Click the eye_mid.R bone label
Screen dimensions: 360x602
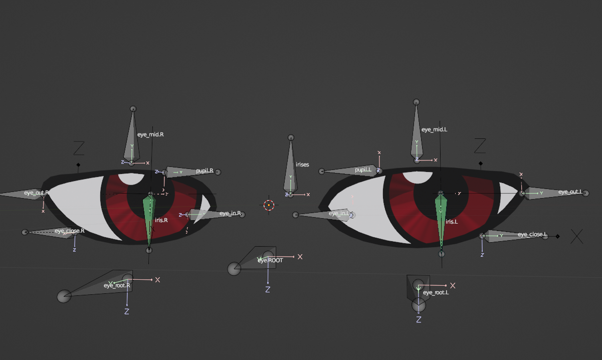(x=150, y=134)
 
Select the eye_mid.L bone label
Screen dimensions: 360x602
(x=434, y=129)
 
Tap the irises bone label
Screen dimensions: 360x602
(x=302, y=164)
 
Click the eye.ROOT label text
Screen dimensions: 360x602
(x=271, y=260)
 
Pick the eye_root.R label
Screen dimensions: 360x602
(x=117, y=285)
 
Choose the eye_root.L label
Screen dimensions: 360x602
(x=436, y=292)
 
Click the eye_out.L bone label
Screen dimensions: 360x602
(x=570, y=192)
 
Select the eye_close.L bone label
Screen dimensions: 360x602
(x=532, y=235)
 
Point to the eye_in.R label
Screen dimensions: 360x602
(x=230, y=214)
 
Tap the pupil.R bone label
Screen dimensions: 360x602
(x=205, y=170)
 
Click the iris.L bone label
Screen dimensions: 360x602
(x=452, y=221)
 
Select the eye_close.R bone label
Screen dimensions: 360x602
(x=70, y=231)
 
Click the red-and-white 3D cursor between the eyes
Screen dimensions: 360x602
(x=269, y=205)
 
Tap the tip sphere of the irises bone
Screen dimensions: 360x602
(x=291, y=137)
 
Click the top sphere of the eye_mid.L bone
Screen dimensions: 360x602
(x=416, y=102)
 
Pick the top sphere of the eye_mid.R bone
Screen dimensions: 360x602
(x=133, y=109)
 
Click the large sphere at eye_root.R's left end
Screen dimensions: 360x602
(x=64, y=296)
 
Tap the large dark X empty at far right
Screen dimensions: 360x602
(x=577, y=236)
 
